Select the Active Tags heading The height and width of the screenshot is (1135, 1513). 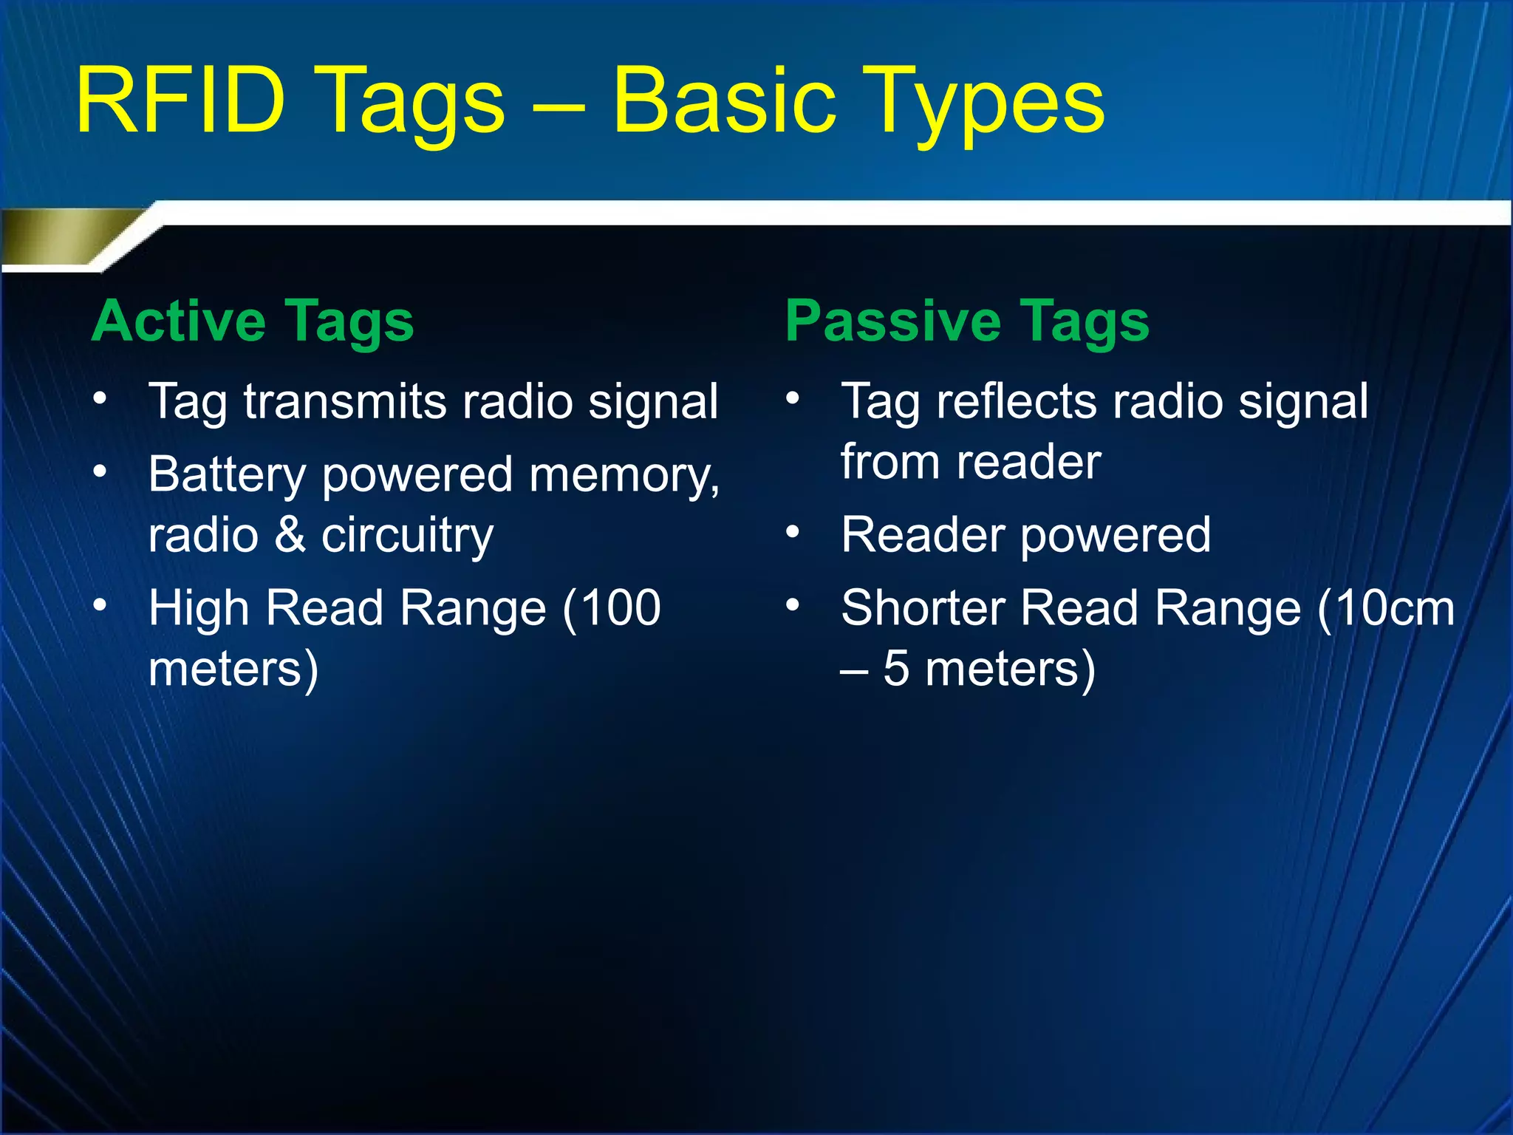(253, 322)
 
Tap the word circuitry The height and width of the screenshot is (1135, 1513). (407, 536)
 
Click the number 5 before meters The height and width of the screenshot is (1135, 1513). (895, 669)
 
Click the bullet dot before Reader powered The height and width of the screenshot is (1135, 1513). (793, 531)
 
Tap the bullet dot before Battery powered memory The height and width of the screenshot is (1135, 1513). (100, 471)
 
